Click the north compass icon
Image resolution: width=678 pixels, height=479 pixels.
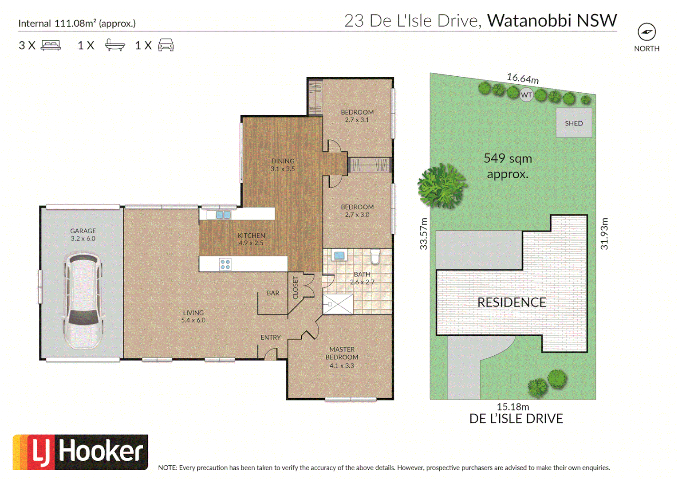646,32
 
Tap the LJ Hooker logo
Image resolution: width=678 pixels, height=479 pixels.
80,452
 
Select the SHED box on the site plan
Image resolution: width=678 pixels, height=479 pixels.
574,123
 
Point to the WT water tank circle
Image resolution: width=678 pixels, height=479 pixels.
526,94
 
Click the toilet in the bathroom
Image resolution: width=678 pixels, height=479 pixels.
375,256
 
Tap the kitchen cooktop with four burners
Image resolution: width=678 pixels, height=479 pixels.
225,264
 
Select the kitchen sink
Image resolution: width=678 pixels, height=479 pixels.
223,215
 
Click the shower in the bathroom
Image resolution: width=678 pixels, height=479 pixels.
338,304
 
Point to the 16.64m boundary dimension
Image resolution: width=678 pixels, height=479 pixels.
523,79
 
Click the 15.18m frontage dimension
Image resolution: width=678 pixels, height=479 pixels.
512,406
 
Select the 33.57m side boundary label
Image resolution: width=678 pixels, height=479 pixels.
424,234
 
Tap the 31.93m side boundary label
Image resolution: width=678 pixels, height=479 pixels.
604,234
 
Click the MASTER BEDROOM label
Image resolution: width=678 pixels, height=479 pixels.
342,353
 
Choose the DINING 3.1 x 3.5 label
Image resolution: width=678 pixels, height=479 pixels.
283,165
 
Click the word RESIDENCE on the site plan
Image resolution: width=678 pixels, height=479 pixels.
512,302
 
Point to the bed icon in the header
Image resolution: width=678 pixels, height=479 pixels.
51,45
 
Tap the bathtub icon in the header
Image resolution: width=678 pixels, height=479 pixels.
114,45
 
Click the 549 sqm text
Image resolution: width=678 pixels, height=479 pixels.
508,158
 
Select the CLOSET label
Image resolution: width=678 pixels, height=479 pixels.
296,287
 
